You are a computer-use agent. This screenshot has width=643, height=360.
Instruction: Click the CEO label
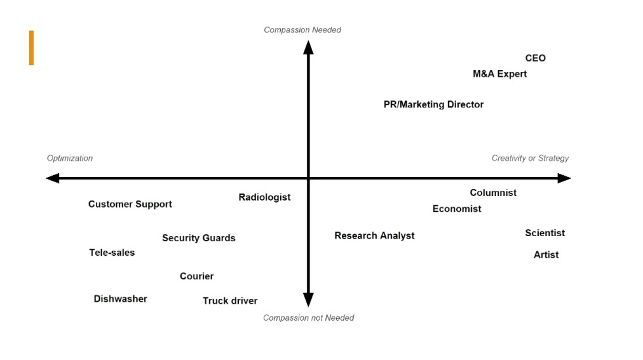tap(535, 58)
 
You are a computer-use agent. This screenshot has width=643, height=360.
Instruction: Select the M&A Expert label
tap(499, 74)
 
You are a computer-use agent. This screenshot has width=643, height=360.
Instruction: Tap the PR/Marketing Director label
tap(434, 104)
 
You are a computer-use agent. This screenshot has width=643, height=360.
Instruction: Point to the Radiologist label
tap(264, 197)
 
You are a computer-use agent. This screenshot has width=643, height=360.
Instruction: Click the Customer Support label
tap(130, 204)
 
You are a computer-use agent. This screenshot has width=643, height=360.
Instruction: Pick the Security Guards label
tap(198, 238)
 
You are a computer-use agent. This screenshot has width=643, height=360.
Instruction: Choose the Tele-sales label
tap(112, 252)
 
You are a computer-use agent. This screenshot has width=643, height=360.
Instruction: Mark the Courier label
tap(196, 276)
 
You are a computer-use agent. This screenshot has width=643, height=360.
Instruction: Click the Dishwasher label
tap(120, 299)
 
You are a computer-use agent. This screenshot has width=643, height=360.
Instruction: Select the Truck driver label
tap(230, 301)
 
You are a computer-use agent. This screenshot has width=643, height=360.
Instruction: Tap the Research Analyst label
tap(375, 236)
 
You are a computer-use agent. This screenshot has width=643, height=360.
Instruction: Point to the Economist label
tap(457, 209)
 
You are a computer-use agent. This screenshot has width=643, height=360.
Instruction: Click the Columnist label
tap(493, 193)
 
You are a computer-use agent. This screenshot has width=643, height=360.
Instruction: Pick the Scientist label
tap(545, 233)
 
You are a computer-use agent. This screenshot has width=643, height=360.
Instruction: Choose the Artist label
tap(546, 254)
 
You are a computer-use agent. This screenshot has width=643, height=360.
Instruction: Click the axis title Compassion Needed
tap(302, 30)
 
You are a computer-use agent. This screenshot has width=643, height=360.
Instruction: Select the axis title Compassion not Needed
tap(308, 318)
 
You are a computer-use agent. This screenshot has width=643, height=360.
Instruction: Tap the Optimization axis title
tap(70, 158)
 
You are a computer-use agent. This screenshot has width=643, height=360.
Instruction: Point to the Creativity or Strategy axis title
tap(530, 158)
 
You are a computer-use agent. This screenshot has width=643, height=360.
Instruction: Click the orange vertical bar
tap(31, 48)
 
